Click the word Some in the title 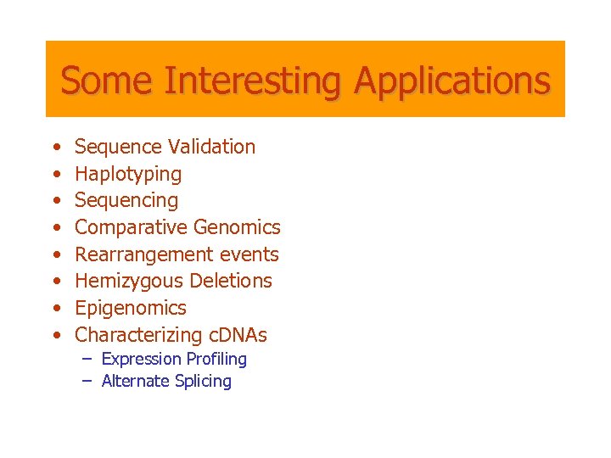point(108,81)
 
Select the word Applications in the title point(452,81)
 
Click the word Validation point(211,147)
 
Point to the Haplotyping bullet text point(128,174)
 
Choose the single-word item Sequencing point(126,201)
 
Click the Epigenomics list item point(131,308)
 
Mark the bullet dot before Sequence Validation point(56,148)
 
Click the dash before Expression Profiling point(87,359)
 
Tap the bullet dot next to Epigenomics point(56,309)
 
